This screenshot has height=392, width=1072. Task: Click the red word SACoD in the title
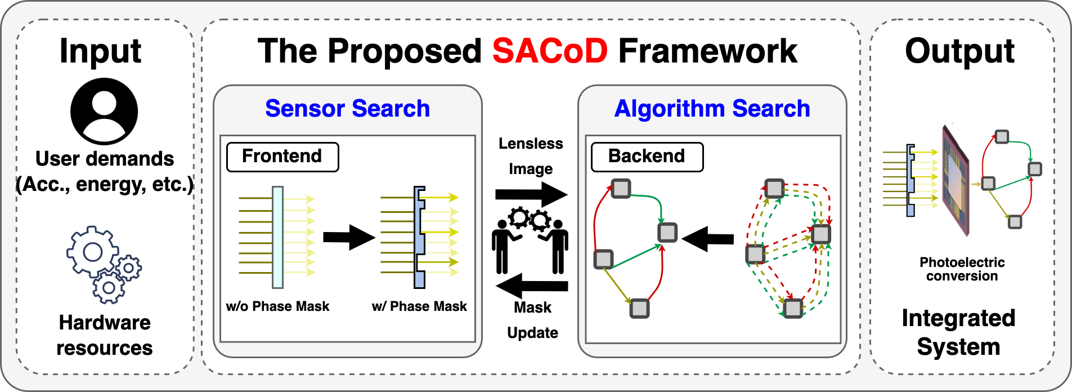pos(550,51)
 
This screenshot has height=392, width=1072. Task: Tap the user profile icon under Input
pos(104,111)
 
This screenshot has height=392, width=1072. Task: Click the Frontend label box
pos(282,157)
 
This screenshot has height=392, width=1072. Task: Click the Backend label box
pos(647,157)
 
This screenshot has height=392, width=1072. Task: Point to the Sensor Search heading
pos(347,108)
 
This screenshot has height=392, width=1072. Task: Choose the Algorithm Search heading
pos(712,108)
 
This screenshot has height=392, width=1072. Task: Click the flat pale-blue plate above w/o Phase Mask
pos(277,237)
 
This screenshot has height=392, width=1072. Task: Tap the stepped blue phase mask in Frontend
pos(419,237)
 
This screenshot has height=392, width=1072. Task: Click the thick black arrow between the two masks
pos(349,237)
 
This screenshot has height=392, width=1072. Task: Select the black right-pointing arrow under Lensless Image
pos(531,195)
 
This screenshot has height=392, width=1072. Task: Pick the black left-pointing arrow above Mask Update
pos(532,286)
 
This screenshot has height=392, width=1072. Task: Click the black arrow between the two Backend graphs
pos(707,239)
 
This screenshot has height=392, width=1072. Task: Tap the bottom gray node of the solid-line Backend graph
pos(639,308)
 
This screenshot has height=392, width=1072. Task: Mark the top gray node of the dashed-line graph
pos(774,188)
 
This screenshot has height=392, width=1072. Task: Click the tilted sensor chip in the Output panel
pos(956,180)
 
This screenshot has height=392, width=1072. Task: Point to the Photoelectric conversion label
pos(962,269)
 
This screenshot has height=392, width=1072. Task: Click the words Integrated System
pos(958,332)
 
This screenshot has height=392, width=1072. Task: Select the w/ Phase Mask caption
pos(419,306)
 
